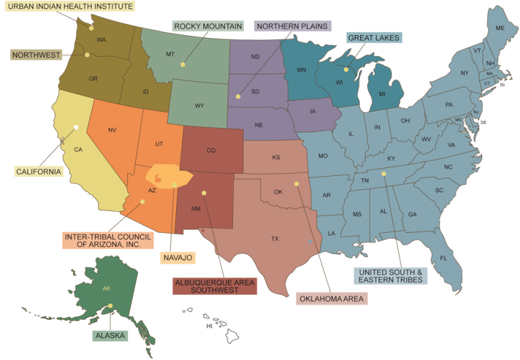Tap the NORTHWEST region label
[36, 55]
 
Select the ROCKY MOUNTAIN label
[208, 26]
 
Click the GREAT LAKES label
[373, 38]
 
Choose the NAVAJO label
[178, 258]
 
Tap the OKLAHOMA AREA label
[331, 298]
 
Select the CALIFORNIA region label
[39, 172]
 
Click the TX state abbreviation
[275, 239]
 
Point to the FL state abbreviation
[443, 258]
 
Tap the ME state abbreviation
[500, 28]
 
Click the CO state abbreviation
[211, 150]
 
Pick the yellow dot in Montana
[183, 64]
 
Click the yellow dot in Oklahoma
[296, 183]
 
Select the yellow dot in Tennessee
[383, 174]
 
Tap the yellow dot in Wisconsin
[345, 70]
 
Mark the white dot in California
[77, 127]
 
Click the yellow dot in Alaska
[110, 307]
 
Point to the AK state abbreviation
[106, 288]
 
